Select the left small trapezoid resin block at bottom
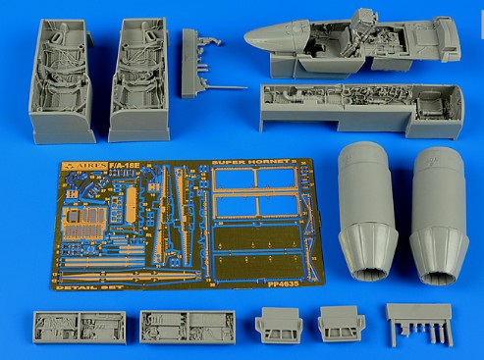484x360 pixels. (275, 329)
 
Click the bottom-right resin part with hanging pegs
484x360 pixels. (419, 321)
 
